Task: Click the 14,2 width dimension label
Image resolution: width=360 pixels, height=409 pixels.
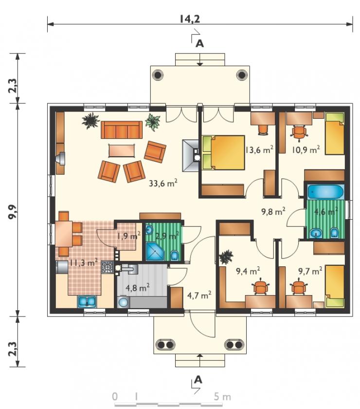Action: [190, 19]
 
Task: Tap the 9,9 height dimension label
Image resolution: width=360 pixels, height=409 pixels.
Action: [13, 212]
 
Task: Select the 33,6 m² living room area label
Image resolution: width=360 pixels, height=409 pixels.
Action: [163, 183]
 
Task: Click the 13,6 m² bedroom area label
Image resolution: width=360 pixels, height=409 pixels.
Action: [259, 149]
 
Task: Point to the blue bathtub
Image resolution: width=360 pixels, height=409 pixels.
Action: [326, 192]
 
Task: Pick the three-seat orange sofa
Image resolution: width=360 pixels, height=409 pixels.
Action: [122, 130]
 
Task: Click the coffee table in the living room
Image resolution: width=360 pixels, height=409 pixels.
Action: [122, 151]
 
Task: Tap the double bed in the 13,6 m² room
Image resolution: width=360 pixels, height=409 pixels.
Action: [223, 152]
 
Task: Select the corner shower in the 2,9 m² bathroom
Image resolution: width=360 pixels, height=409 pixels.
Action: [155, 251]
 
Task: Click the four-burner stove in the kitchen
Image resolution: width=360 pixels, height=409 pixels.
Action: [108, 267]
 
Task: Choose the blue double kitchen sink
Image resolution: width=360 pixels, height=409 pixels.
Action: [87, 301]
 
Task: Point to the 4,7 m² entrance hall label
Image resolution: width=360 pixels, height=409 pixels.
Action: [199, 295]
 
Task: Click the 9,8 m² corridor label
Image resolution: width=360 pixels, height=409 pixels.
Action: [273, 211]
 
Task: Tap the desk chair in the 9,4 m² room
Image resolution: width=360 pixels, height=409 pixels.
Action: [261, 286]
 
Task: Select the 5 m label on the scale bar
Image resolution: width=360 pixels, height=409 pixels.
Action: [222, 397]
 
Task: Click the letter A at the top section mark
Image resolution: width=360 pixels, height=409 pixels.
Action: [199, 43]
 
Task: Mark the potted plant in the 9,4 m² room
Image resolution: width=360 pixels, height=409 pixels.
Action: [226, 257]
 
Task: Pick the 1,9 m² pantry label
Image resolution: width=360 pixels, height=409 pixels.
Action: [128, 236]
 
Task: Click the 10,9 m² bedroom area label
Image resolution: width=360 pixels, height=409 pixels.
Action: [306, 149]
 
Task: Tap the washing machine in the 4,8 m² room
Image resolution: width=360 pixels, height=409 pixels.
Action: [123, 302]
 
